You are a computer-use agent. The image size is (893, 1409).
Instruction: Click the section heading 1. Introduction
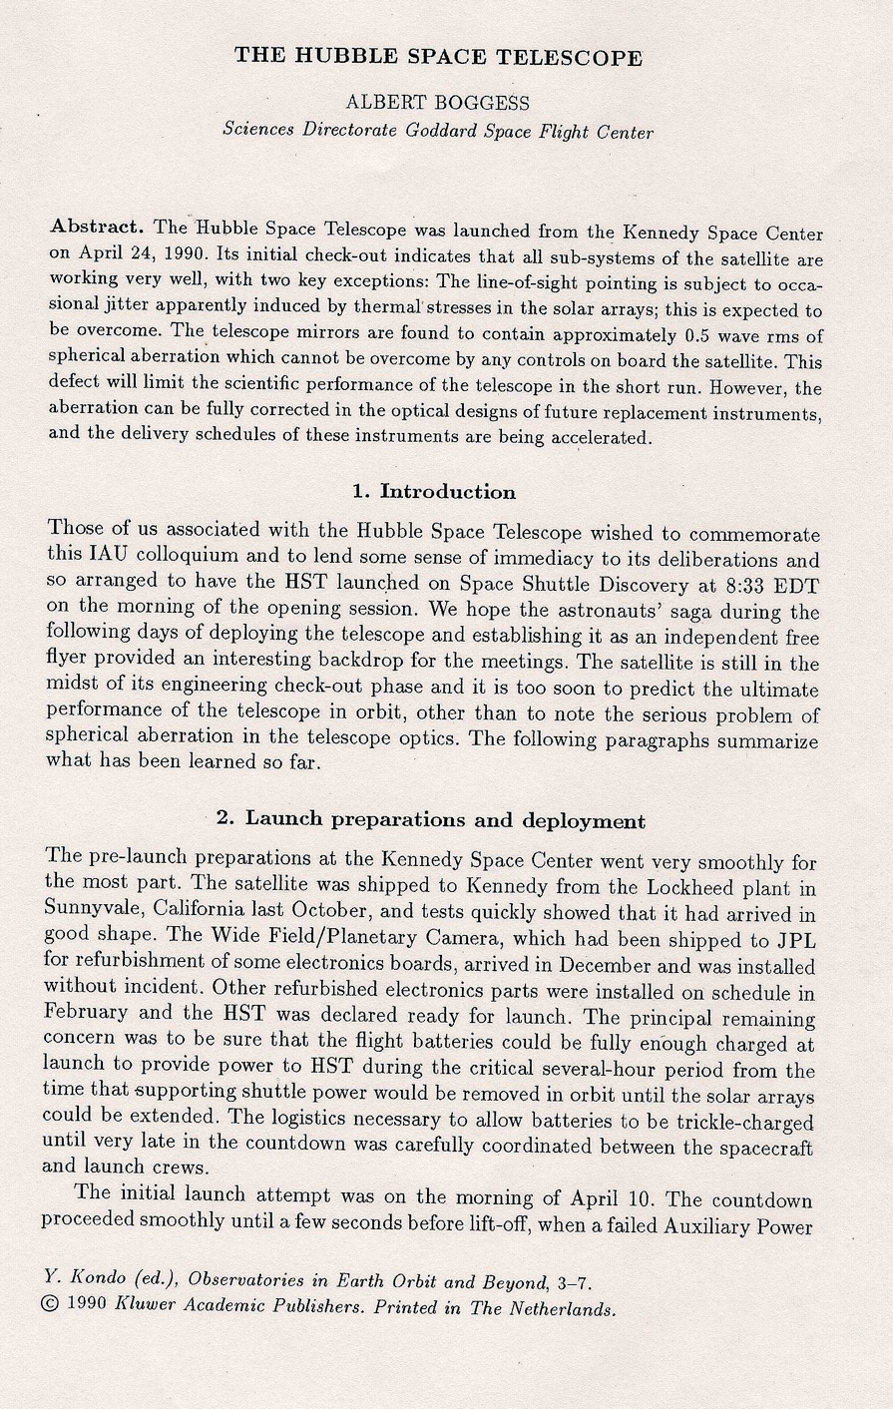point(433,491)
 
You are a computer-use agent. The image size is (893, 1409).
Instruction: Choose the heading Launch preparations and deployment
point(445,820)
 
